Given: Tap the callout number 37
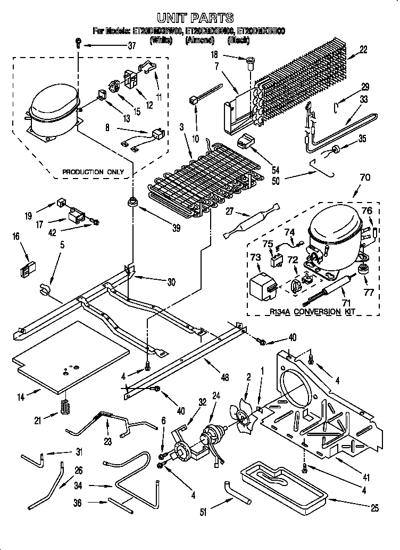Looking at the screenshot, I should [132, 46].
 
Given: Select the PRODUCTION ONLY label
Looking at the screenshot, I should [93, 172].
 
